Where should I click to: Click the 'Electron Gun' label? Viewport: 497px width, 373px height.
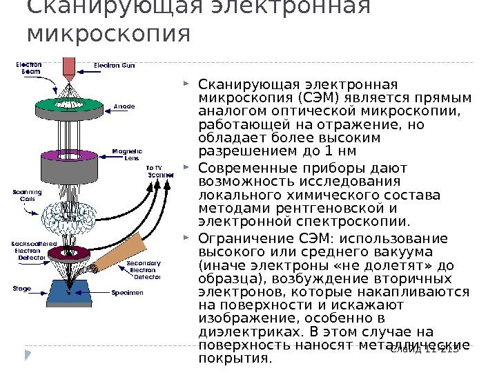click(115, 66)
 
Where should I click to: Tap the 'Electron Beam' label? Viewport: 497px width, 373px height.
click(29, 68)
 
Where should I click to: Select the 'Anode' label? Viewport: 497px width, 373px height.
click(124, 106)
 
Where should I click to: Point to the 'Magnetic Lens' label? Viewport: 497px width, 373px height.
click(127, 154)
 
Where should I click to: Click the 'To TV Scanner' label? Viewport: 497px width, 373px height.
click(158, 171)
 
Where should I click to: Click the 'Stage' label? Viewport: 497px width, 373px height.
click(22, 288)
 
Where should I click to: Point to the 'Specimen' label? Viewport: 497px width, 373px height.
click(128, 293)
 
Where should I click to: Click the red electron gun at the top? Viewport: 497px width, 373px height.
click(69, 66)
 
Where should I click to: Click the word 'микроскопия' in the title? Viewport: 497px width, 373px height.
click(107, 32)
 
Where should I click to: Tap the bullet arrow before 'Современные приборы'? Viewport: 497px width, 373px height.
click(190, 168)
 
